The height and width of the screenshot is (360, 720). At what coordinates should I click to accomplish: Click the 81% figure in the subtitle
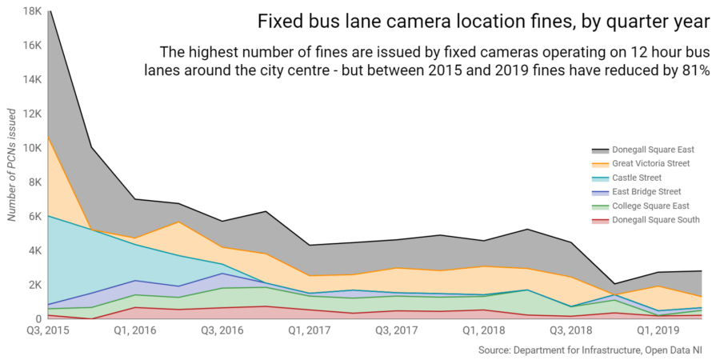click(694, 70)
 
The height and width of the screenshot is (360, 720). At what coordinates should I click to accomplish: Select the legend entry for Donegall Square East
click(652, 150)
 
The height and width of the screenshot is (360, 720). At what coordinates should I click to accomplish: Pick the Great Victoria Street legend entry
click(652, 164)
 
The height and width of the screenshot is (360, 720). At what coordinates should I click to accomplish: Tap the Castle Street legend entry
click(636, 178)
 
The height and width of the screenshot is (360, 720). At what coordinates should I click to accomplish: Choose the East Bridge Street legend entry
click(646, 192)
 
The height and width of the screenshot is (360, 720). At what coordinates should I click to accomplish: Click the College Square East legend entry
click(650, 206)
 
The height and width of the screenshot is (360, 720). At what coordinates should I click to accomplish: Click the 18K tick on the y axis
click(31, 11)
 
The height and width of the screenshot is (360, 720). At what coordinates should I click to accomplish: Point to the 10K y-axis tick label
click(31, 148)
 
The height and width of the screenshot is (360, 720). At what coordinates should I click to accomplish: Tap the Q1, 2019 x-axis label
click(656, 330)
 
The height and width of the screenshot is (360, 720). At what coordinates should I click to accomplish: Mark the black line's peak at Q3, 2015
click(49, 11)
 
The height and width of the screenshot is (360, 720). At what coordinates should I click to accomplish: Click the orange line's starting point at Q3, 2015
click(49, 138)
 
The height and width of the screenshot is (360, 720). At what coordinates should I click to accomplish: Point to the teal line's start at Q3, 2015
click(49, 216)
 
